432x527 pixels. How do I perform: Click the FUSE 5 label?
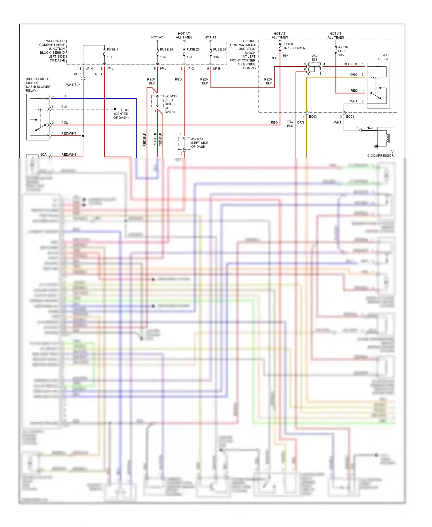pos(112,50)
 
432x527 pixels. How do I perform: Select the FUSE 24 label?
pos(166,50)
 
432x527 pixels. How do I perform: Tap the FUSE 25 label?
pos(193,50)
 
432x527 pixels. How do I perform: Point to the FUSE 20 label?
pos(219,50)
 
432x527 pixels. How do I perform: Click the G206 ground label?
pos(124,110)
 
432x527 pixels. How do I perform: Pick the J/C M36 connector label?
pos(170,96)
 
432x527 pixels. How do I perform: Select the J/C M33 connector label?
pos(197,139)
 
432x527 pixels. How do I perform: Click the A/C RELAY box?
pos(378,85)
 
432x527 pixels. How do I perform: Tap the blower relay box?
pos(38,117)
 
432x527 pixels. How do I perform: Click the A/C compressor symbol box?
pos(385,138)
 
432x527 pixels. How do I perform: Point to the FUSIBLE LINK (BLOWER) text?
pos(294,46)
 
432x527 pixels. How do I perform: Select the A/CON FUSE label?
pos(343,49)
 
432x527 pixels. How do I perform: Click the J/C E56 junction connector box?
pos(314,69)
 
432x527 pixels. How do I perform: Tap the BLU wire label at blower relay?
pos(64,96)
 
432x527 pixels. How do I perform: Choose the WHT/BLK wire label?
pos(73,85)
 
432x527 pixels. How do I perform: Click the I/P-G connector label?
pos(190,69)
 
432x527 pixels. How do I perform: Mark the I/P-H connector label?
pos(89,69)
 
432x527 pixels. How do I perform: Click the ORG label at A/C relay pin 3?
pos(354,75)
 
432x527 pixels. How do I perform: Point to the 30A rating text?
pos(285,56)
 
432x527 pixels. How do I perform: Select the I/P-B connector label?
pos(217,69)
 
